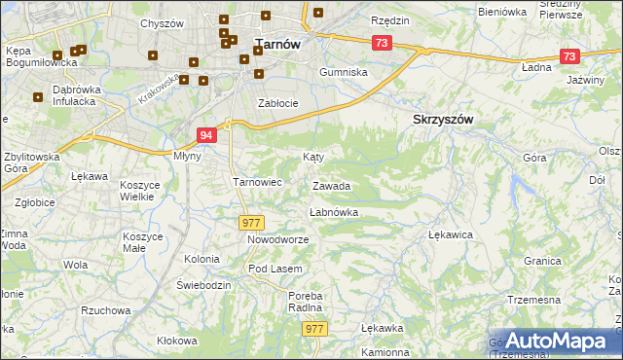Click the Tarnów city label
click(x=277, y=43)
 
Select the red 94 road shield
click(x=205, y=135)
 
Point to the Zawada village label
click(x=331, y=185)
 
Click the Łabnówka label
click(x=333, y=211)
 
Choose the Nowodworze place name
click(x=277, y=239)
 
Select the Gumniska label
click(x=346, y=73)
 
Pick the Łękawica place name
click(x=451, y=234)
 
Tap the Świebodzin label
click(x=203, y=285)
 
